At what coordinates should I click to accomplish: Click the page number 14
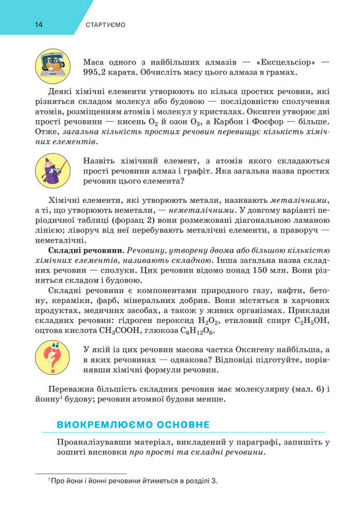39,25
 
